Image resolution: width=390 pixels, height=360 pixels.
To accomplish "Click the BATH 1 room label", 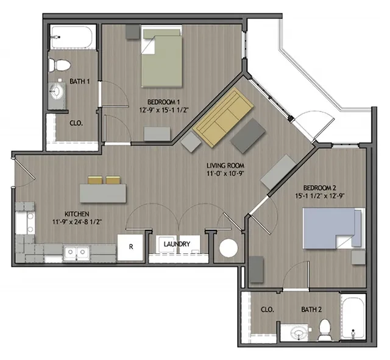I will click(80, 81).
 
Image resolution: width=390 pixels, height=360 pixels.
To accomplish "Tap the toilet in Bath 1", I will click(61, 63).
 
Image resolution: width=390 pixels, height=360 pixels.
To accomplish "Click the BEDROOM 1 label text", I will click(163, 101).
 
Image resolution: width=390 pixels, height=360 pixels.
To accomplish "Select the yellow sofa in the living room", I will click(224, 118).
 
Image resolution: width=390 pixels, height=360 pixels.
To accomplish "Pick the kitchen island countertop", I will click(104, 193).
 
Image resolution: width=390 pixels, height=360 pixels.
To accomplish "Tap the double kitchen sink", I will click(77, 252).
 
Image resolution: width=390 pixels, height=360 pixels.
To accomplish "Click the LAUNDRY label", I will click(177, 245).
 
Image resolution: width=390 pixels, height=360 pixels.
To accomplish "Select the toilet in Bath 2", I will click(324, 329).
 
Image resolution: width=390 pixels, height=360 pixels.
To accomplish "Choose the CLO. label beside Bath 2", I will click(267, 309).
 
